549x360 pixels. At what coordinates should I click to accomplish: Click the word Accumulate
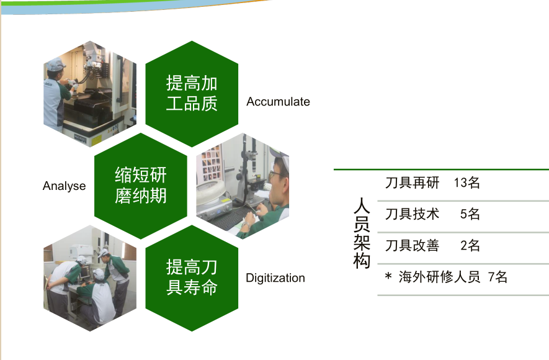(x=278, y=102)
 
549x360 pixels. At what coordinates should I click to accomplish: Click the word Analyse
(x=64, y=186)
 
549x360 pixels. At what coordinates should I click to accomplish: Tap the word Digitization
(x=275, y=278)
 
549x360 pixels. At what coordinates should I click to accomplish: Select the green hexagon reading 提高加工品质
(x=192, y=94)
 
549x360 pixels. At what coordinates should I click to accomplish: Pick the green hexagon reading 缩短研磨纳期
(x=141, y=186)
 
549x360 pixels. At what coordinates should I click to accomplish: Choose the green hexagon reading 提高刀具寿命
(x=192, y=278)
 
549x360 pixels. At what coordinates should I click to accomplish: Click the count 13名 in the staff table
(x=466, y=182)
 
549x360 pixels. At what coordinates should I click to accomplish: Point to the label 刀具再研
(x=412, y=182)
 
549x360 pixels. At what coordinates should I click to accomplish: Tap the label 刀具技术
(x=412, y=214)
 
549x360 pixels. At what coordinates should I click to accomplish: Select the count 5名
(x=470, y=214)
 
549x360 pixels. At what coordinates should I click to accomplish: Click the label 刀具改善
(x=412, y=246)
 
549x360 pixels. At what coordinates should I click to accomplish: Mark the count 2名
(x=470, y=246)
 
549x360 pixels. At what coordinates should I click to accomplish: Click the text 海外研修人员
(x=439, y=277)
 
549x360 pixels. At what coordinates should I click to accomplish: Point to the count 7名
(x=498, y=277)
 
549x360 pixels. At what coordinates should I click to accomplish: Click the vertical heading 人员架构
(x=362, y=233)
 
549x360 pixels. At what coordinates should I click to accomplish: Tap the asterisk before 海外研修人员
(x=388, y=276)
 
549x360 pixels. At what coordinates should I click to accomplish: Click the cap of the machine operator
(x=55, y=65)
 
